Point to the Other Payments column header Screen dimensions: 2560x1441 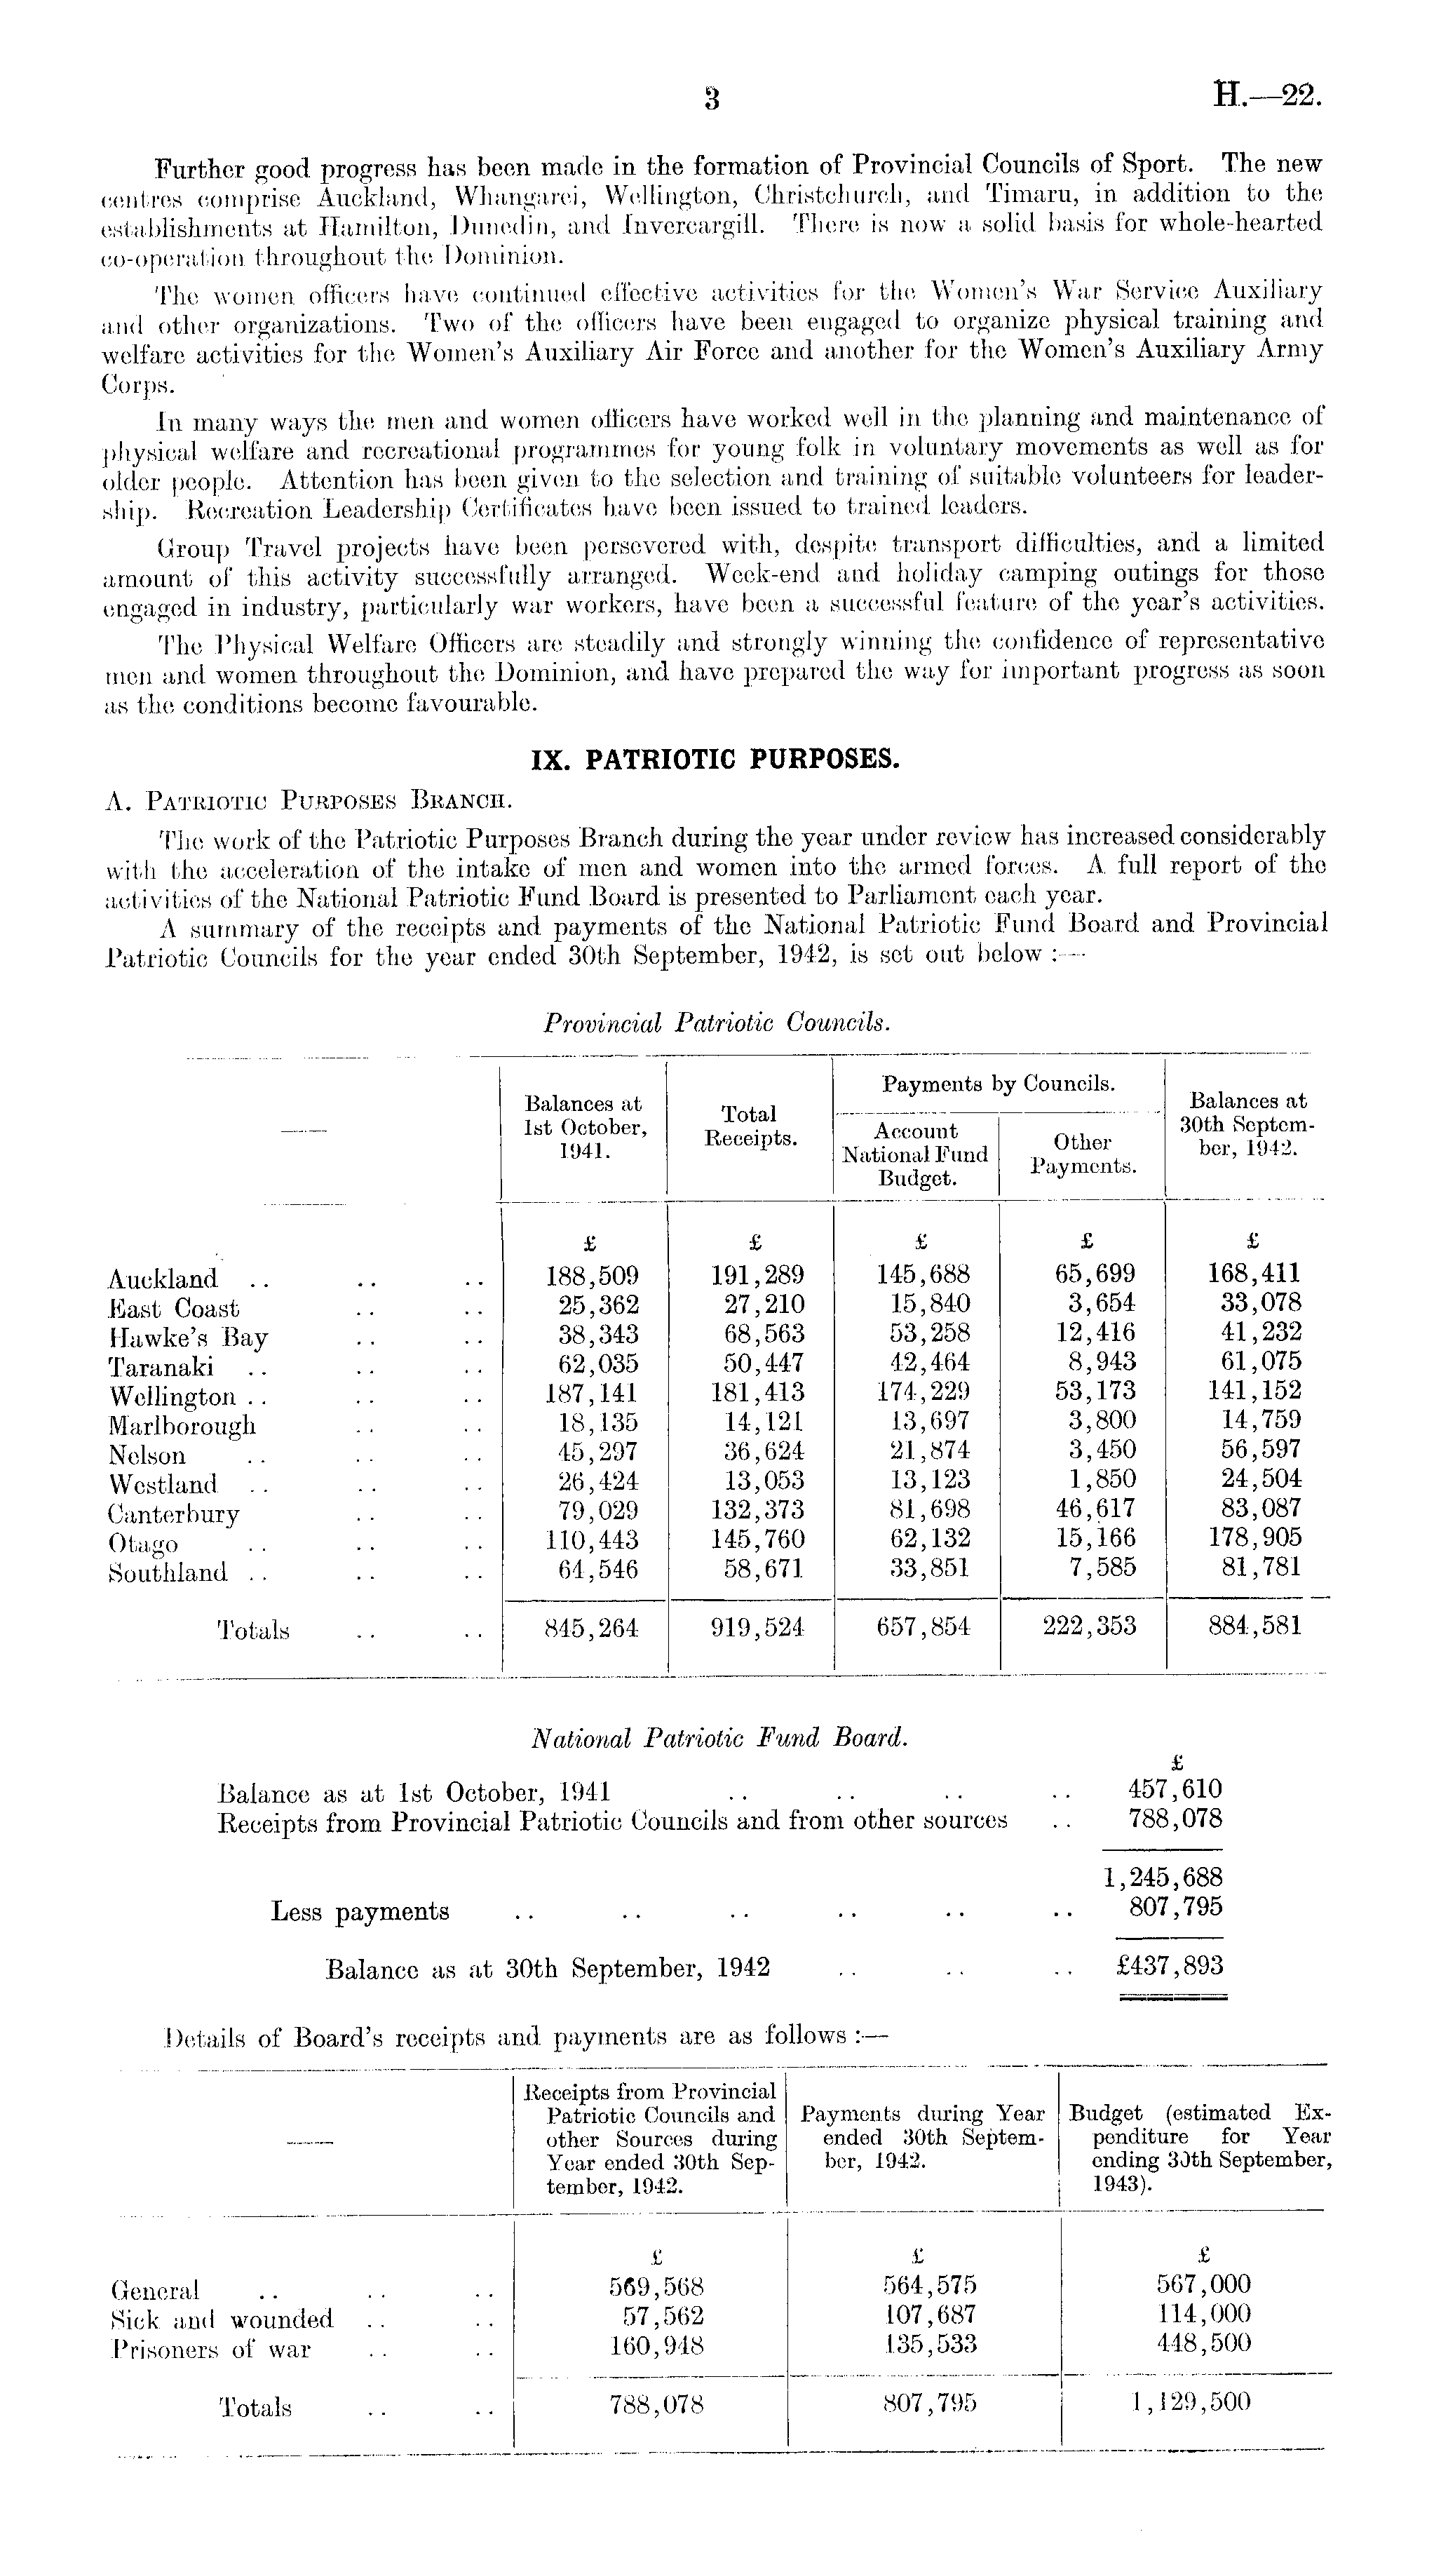pyautogui.click(x=1082, y=1154)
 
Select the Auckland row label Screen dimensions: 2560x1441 pyautogui.click(x=162, y=1279)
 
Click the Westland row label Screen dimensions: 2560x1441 pyautogui.click(x=163, y=1485)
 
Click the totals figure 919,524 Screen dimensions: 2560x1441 pyautogui.click(x=757, y=1627)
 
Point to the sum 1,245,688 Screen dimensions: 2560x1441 pyautogui.click(x=1163, y=1878)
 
